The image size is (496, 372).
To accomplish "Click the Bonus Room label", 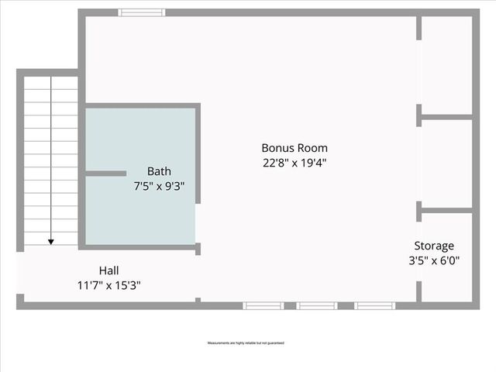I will [x=294, y=148].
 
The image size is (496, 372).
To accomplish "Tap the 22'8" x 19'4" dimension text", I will [x=294, y=163].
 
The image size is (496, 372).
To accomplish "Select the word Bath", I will [x=160, y=171].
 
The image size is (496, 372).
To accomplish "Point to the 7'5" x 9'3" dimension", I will [x=160, y=186].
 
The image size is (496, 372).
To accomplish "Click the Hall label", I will [x=108, y=270].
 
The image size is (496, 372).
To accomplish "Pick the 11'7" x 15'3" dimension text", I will [x=108, y=285].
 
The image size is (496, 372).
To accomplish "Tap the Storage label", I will [x=434, y=246].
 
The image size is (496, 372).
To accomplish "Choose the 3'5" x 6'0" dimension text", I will [x=434, y=260].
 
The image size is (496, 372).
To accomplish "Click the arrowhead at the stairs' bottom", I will [x=51, y=242].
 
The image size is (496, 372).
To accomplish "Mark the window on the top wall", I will [x=142, y=12].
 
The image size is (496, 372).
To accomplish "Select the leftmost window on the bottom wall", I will [x=263, y=305].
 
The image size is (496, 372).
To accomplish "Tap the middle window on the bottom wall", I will [x=317, y=305].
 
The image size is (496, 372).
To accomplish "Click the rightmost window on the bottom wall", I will [x=375, y=305].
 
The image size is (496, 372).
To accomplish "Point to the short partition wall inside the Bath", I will [x=105, y=174].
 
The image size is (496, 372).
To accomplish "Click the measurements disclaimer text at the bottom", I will [x=245, y=343].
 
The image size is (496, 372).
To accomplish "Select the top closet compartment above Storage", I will [x=446, y=65].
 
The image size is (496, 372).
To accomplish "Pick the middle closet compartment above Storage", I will [x=446, y=163].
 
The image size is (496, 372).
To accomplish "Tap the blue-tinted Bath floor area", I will [x=139, y=217].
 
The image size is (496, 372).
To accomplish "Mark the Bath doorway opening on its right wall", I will [x=198, y=224].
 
